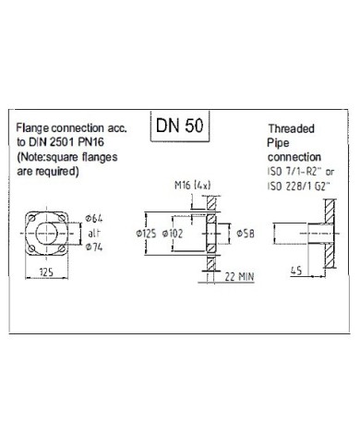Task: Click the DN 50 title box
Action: point(180,126)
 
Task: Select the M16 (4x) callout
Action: point(193,185)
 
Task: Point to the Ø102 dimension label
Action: point(173,234)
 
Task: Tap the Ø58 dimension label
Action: point(246,234)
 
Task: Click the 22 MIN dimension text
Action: point(239,277)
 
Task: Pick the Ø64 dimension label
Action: point(94,219)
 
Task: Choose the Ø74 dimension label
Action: point(94,247)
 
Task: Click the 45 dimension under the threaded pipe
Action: point(296,271)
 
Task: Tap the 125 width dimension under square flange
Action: point(46,272)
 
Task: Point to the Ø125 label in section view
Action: point(146,234)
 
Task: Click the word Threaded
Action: point(291,128)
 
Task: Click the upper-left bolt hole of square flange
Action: point(31,218)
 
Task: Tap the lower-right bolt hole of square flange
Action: point(61,248)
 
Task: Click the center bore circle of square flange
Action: point(46,234)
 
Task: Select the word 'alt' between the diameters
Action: point(94,233)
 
